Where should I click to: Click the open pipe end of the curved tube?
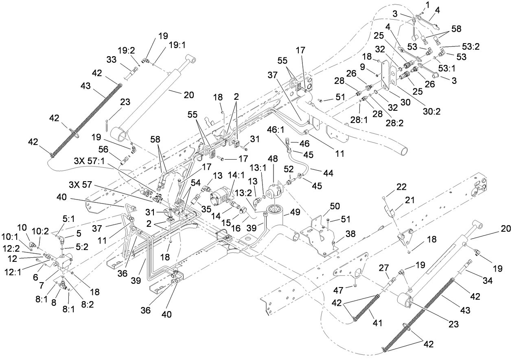pos(403,151)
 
